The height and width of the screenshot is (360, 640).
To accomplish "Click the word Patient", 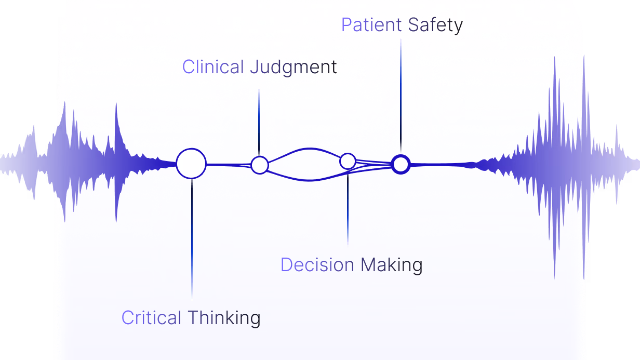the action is click(x=371, y=25).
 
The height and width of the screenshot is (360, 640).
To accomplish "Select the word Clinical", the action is click(x=213, y=67).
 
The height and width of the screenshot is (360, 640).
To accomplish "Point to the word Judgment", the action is click(x=294, y=68).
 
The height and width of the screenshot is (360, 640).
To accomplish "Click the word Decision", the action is click(x=317, y=265).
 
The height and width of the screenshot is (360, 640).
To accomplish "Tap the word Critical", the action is click(x=151, y=317).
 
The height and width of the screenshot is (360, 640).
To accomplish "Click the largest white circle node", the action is click(x=191, y=163).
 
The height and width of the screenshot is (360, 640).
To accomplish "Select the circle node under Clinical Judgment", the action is click(x=259, y=165).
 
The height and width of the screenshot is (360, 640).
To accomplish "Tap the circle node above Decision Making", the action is click(x=348, y=161).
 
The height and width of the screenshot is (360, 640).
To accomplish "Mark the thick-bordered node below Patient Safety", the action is click(x=401, y=164).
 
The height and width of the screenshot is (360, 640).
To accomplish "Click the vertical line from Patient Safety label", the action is click(x=401, y=94).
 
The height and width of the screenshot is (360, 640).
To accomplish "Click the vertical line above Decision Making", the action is click(x=348, y=208).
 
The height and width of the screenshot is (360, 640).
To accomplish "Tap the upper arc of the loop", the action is click(x=304, y=149).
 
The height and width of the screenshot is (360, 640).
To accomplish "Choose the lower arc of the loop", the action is click(x=304, y=180).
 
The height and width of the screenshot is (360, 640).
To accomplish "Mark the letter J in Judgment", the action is click(x=254, y=68).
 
